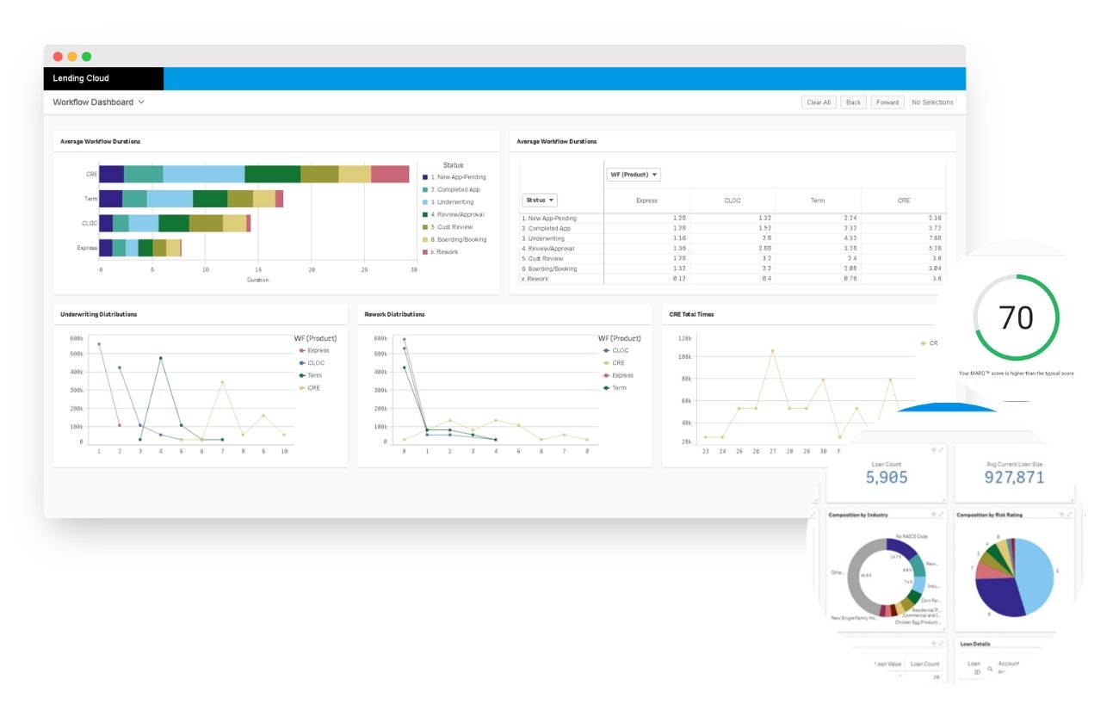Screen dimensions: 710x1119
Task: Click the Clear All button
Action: tap(819, 102)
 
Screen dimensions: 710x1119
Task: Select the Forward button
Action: tap(887, 102)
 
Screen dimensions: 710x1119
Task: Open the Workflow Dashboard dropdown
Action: tap(98, 102)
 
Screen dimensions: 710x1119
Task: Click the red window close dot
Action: tap(58, 57)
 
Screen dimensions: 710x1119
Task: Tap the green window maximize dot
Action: tap(86, 57)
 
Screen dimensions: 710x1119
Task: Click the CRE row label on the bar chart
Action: tap(91, 175)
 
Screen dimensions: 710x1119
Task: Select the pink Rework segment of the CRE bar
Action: tap(390, 175)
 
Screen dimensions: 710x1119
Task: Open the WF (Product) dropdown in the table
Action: tap(634, 175)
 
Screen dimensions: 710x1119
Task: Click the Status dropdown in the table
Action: tap(540, 201)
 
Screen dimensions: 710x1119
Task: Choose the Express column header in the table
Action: tap(646, 201)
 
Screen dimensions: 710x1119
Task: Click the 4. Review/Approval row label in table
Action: tap(552, 249)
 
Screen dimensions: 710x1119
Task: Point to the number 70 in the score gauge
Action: tap(1015, 318)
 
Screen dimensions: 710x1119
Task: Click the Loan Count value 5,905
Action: tap(886, 477)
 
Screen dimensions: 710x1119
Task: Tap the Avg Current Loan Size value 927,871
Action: tap(1015, 477)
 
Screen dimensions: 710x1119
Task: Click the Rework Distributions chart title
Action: tap(395, 315)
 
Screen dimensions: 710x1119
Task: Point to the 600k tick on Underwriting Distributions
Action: tap(76, 337)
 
